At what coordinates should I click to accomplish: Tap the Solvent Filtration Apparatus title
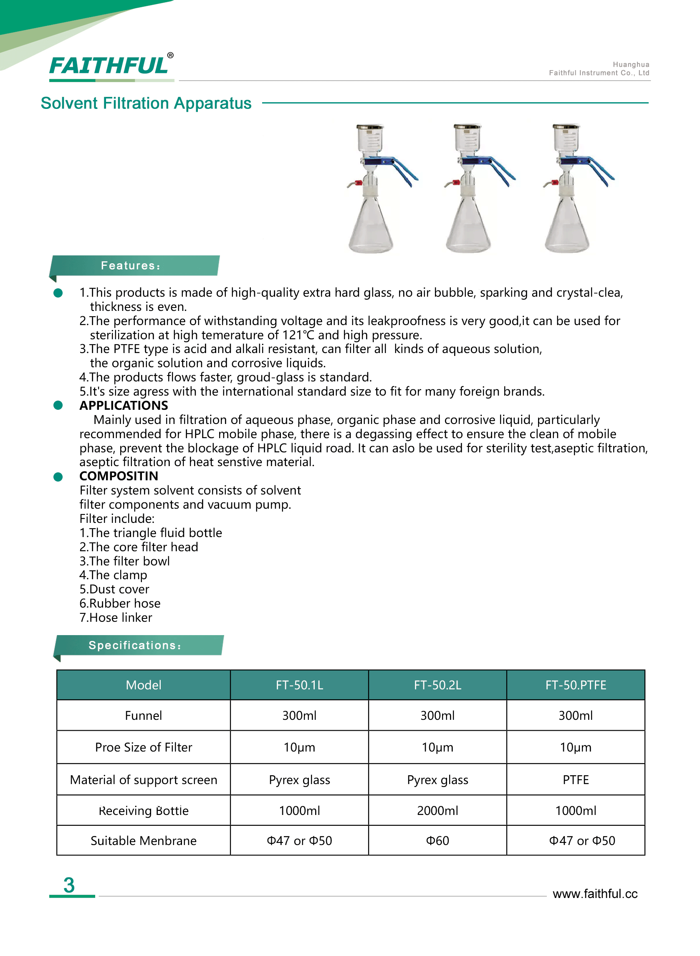tap(146, 103)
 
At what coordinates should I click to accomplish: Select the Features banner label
tap(131, 265)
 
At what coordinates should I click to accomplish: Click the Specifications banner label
tap(135, 645)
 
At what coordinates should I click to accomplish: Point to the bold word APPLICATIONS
tap(124, 405)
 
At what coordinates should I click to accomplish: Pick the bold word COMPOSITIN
tap(119, 476)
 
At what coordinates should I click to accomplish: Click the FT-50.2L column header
tap(437, 685)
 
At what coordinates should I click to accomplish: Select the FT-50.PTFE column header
tap(576, 685)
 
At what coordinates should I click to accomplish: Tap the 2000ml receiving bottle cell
tap(437, 810)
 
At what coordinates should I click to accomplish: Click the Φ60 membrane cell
tap(437, 840)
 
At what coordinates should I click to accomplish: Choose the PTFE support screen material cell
tap(576, 780)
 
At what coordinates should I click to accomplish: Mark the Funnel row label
tap(143, 715)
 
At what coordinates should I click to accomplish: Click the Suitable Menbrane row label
tap(143, 840)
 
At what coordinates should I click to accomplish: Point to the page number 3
tap(69, 885)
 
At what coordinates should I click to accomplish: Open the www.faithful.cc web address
tap(595, 894)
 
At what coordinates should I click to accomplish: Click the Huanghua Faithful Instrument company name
tap(599, 68)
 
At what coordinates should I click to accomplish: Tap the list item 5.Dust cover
tap(114, 589)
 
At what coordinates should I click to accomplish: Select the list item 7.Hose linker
tap(116, 618)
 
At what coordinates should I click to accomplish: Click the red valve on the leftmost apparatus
tap(358, 183)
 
